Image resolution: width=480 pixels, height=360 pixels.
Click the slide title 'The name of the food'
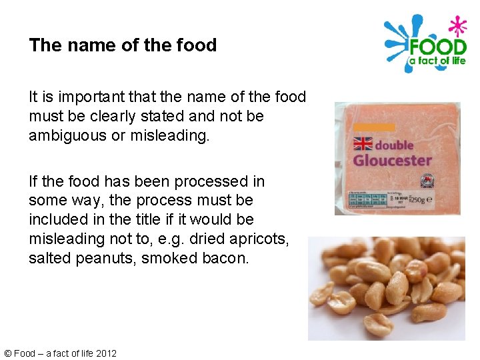pyautogui.click(x=123, y=45)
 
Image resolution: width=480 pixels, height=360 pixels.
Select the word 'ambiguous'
pyautogui.click(x=65, y=135)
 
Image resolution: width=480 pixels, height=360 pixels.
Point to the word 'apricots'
pyautogui.click(x=259, y=238)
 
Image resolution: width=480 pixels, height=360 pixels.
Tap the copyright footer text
pyautogui.click(x=60, y=353)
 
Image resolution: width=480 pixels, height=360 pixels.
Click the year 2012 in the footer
pyautogui.click(x=106, y=353)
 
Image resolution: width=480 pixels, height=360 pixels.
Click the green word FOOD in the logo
pyautogui.click(x=437, y=47)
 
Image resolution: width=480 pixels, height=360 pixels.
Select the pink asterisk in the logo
pyautogui.click(x=457, y=27)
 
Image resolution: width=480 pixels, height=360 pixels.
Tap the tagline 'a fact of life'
pyautogui.click(x=437, y=61)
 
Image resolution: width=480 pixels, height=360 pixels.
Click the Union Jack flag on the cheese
pyautogui.click(x=363, y=144)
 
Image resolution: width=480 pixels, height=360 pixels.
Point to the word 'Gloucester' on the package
pyautogui.click(x=392, y=160)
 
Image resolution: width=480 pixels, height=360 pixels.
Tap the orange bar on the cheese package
pyautogui.click(x=374, y=127)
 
